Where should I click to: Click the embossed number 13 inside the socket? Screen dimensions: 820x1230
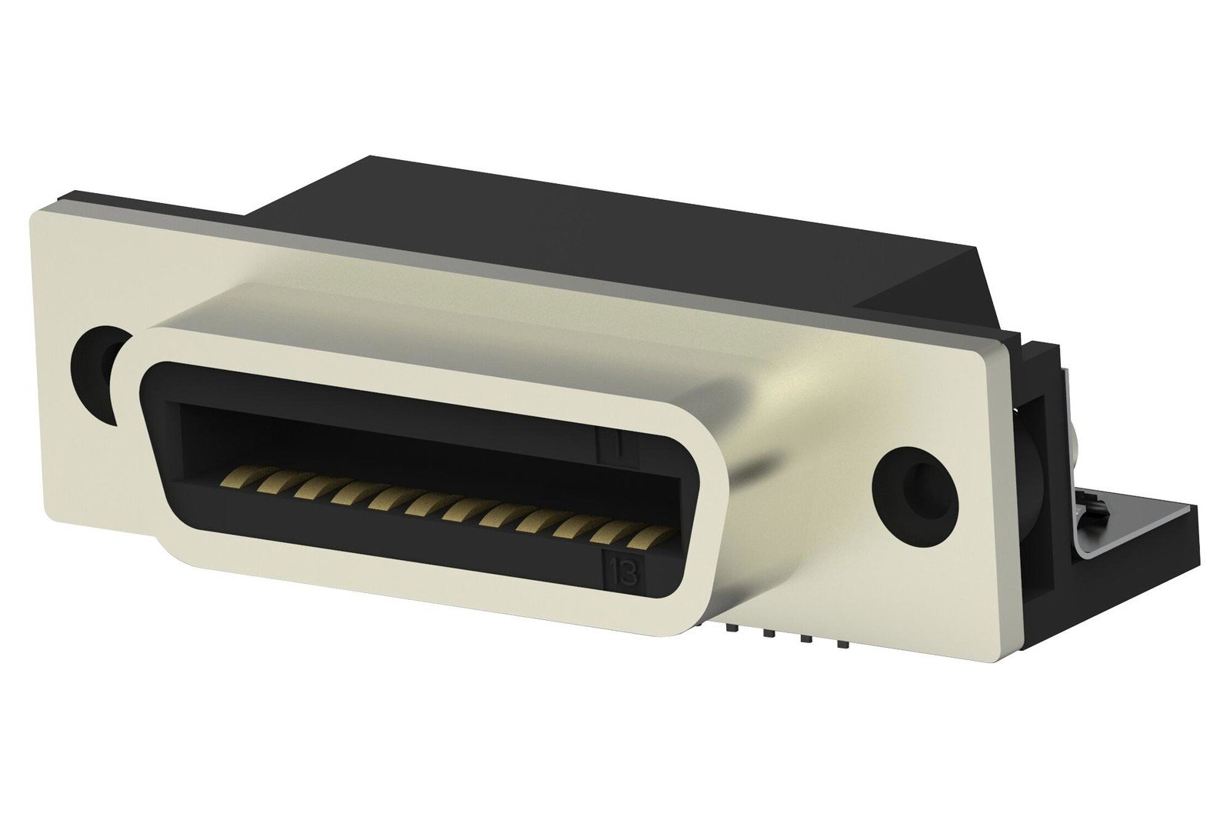[624, 574]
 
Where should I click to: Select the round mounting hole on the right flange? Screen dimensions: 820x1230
[915, 497]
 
